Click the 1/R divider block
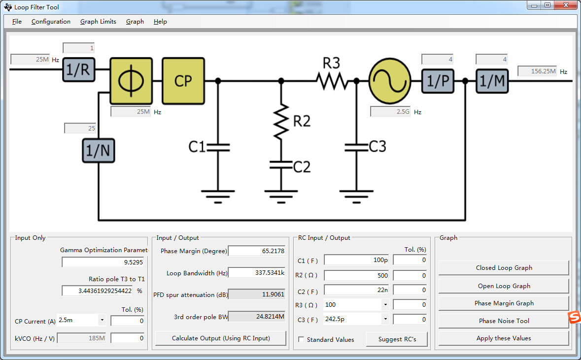[78, 69]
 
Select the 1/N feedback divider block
[98, 151]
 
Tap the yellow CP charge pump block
[183, 81]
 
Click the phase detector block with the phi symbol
[131, 81]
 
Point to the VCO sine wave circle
[390, 81]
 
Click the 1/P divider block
[438, 81]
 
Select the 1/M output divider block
[492, 81]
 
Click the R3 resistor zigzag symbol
[332, 81]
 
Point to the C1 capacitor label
[197, 147]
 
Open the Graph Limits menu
[98, 22]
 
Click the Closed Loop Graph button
[504, 268]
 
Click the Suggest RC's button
[397, 339]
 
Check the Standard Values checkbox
[301, 339]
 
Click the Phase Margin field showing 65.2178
[257, 251]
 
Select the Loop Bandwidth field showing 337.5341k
[257, 273]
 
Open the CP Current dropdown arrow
[102, 320]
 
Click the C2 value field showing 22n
[356, 290]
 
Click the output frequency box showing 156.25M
[537, 71]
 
